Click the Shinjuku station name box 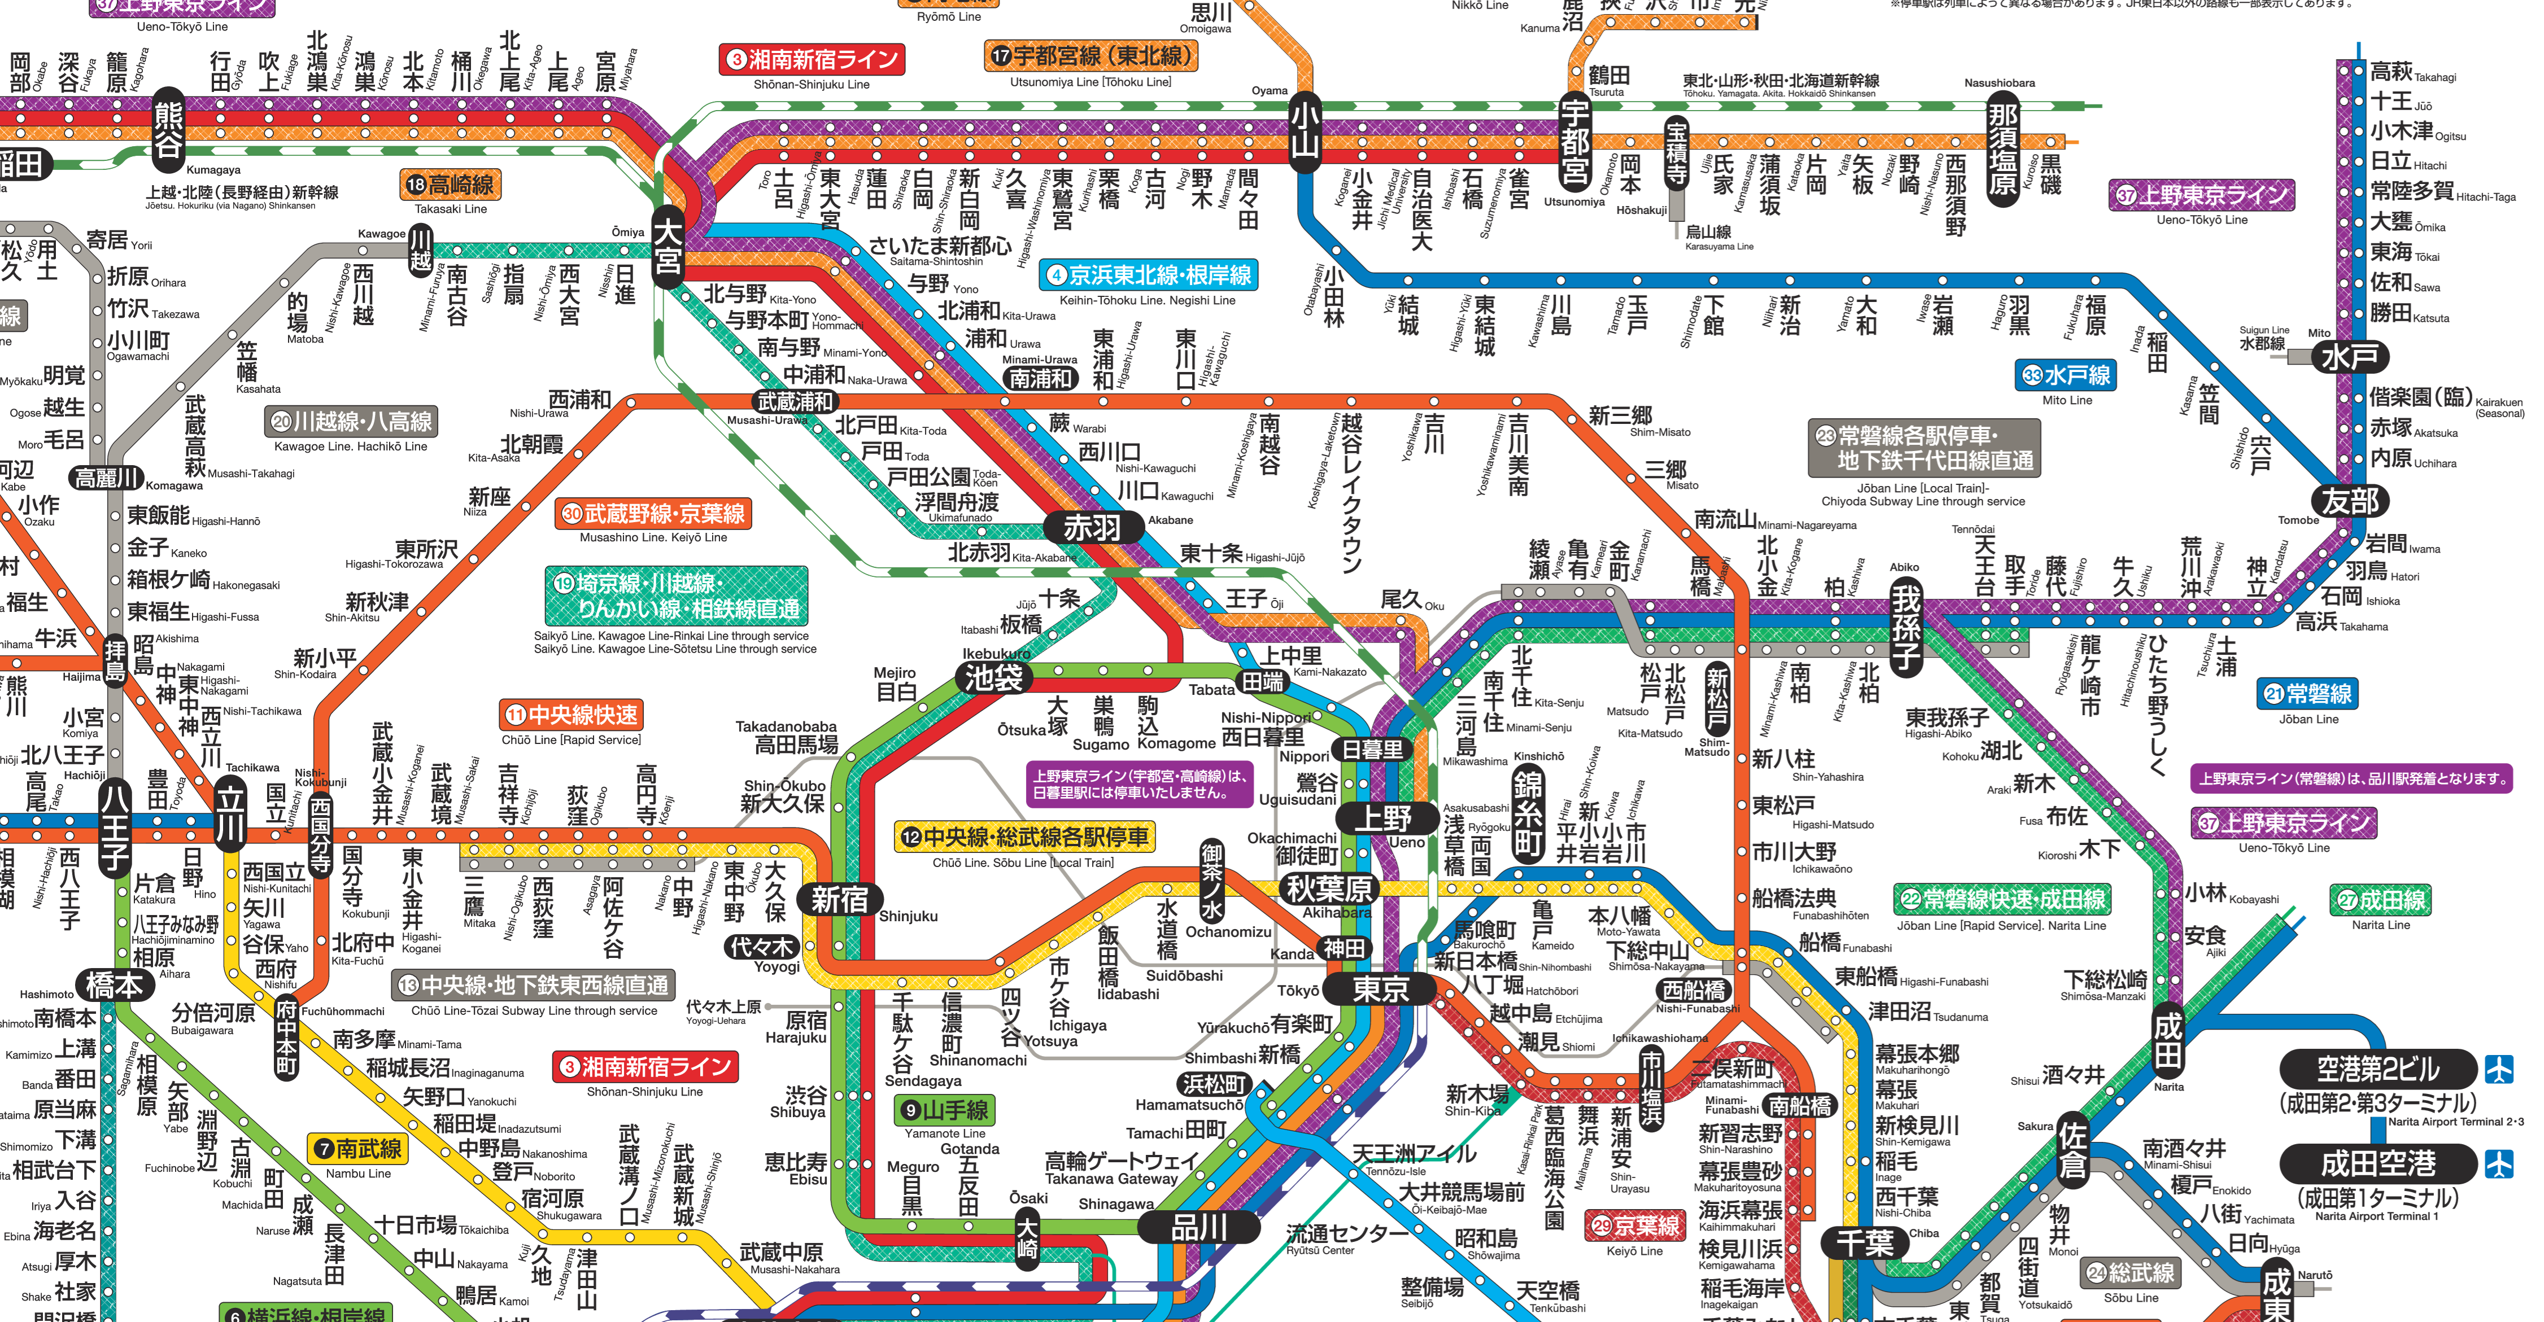[x=840, y=899]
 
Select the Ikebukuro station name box [x=993, y=677]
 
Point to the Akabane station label [x=1092, y=527]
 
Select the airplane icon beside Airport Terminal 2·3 [x=2499, y=1069]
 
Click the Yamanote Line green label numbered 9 [x=945, y=1111]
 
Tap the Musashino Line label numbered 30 [x=654, y=514]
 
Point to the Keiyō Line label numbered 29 [x=1634, y=1225]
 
